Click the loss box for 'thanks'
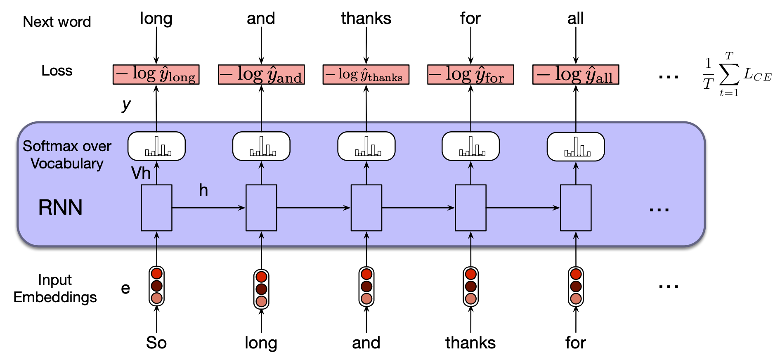click(366, 75)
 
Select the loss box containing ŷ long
click(156, 75)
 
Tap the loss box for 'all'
click(576, 75)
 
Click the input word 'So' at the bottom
click(156, 343)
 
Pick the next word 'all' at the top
click(575, 19)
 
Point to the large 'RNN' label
click(60, 207)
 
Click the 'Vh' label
click(141, 173)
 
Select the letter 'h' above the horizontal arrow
click(203, 190)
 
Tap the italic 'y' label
click(126, 105)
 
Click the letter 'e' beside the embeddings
click(125, 288)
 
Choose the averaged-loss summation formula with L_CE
click(737, 75)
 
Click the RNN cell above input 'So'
click(156, 208)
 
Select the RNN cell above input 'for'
click(576, 208)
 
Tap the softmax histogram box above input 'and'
click(366, 146)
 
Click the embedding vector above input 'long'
click(261, 289)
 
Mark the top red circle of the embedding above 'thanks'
click(471, 274)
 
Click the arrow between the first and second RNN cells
click(209, 208)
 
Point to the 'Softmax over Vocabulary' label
click(67, 155)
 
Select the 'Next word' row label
click(57, 22)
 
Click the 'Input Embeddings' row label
click(55, 289)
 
